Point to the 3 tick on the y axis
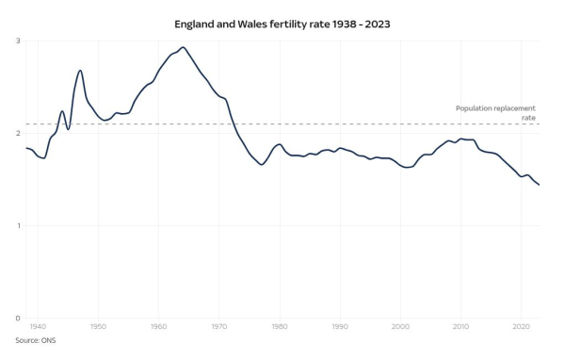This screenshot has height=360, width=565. [x=17, y=41]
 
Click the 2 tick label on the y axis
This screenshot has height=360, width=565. [x=17, y=133]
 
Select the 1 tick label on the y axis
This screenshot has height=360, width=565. [x=17, y=225]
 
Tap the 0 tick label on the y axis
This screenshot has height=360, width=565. [x=17, y=318]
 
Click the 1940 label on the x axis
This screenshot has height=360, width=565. [x=38, y=327]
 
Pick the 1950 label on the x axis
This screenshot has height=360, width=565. [x=98, y=327]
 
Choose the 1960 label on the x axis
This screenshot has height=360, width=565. [x=158, y=327]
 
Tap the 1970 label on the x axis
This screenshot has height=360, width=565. [x=218, y=327]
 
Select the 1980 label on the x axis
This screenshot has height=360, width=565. [x=280, y=327]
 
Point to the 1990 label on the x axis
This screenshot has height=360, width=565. [x=340, y=327]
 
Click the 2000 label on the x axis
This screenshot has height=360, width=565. [x=400, y=327]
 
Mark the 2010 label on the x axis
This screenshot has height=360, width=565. [x=460, y=327]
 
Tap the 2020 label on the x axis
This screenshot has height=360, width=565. [x=521, y=327]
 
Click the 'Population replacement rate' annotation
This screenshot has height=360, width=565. [x=495, y=113]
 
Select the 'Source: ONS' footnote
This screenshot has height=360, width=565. [x=35, y=340]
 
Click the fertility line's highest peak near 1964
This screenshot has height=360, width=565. [x=183, y=47]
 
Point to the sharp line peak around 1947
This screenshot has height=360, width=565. [x=80, y=71]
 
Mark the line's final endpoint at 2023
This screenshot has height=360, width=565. [x=539, y=185]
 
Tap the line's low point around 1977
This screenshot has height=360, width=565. [x=262, y=164]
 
